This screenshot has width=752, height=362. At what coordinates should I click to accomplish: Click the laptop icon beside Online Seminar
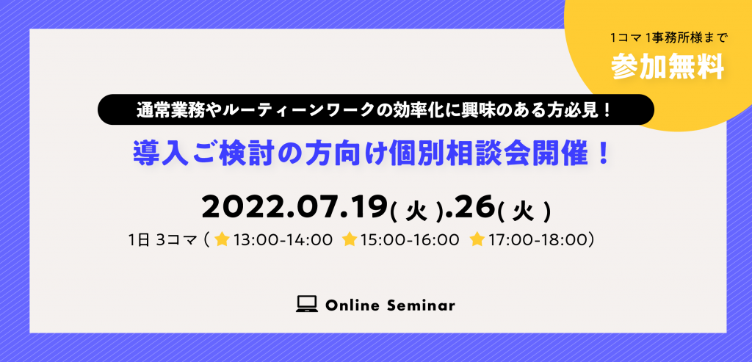click(x=307, y=305)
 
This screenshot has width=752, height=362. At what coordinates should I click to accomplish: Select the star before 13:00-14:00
click(x=222, y=239)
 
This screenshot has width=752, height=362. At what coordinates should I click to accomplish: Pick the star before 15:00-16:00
click(x=350, y=239)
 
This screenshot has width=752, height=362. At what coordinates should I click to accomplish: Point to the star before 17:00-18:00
click(x=477, y=239)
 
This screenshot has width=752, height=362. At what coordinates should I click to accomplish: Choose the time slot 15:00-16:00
click(x=410, y=239)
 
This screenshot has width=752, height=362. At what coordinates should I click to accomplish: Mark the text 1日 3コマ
click(x=164, y=239)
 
